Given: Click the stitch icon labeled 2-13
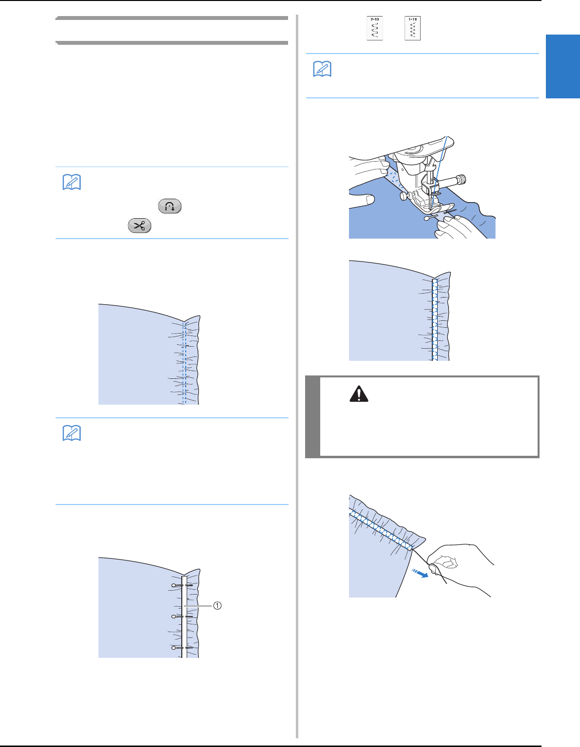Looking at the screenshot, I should tap(374, 29).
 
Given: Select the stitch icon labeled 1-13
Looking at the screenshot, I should tap(412, 29).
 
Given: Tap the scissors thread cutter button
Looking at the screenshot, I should tap(139, 226).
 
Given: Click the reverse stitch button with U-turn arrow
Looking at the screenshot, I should tap(169, 206).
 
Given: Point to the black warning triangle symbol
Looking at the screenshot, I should tap(359, 393).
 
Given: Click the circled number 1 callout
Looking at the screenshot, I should tap(217, 605).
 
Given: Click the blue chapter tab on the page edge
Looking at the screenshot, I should tap(562, 66).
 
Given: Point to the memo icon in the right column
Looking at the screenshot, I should tap(322, 70).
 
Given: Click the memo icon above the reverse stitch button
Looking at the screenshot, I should tap(72, 183).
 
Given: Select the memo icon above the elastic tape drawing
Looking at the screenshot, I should tap(72, 433).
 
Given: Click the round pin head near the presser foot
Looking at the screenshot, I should tap(427, 219).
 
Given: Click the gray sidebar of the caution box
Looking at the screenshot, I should tap(313, 416).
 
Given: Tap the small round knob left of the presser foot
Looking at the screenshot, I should tap(403, 196).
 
